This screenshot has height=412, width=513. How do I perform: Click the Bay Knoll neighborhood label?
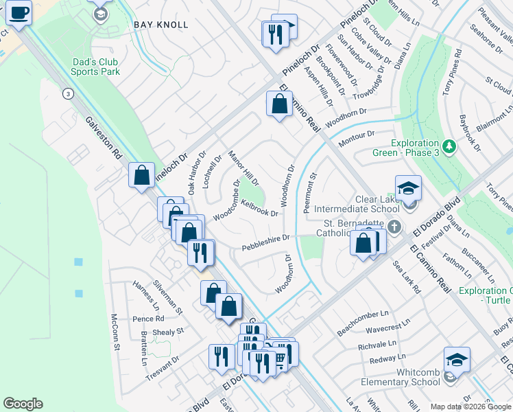(x=162, y=25)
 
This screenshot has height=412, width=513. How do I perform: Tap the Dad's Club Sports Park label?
(x=96, y=67)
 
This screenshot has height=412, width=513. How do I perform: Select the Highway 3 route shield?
(x=67, y=93)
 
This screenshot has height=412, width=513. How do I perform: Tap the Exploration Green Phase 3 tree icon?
(x=449, y=146)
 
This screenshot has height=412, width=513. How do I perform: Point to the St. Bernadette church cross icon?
(x=394, y=227)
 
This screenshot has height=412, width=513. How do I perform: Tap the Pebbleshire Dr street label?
(x=266, y=242)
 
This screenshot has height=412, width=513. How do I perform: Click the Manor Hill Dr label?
(x=243, y=169)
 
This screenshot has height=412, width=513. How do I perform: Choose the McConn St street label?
(x=115, y=332)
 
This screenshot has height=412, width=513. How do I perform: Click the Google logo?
(x=23, y=404)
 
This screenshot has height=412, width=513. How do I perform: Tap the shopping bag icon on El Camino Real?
(x=279, y=105)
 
